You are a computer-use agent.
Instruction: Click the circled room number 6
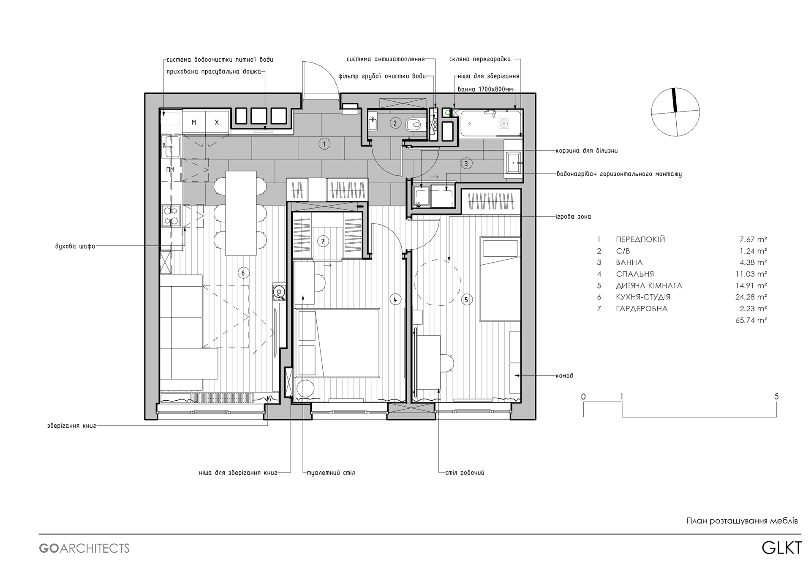[x=243, y=273]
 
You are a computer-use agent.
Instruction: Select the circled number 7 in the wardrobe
[x=323, y=241]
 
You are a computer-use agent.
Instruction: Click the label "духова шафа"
[x=75, y=246]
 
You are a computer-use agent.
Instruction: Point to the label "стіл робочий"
[x=465, y=473]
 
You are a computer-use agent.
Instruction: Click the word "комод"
[x=564, y=375]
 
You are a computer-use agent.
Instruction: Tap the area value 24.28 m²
[x=751, y=297]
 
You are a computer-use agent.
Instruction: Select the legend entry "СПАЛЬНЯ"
[x=635, y=274]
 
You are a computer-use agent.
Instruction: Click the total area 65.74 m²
[x=751, y=320]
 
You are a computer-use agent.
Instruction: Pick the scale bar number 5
[x=776, y=396]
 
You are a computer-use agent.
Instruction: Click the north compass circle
[x=675, y=112]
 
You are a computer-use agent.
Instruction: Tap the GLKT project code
[x=781, y=548]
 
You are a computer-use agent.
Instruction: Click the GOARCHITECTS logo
[x=84, y=549]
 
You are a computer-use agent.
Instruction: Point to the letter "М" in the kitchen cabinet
[x=194, y=122]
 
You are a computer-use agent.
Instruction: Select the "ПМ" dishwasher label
[x=170, y=170]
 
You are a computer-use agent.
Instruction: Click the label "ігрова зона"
[x=573, y=217]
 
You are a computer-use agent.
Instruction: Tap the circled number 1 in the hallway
[x=324, y=144]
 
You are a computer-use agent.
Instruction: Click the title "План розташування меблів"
[x=742, y=521]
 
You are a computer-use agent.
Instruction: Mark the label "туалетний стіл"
[x=331, y=473]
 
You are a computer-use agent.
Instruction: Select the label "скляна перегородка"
[x=480, y=60]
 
